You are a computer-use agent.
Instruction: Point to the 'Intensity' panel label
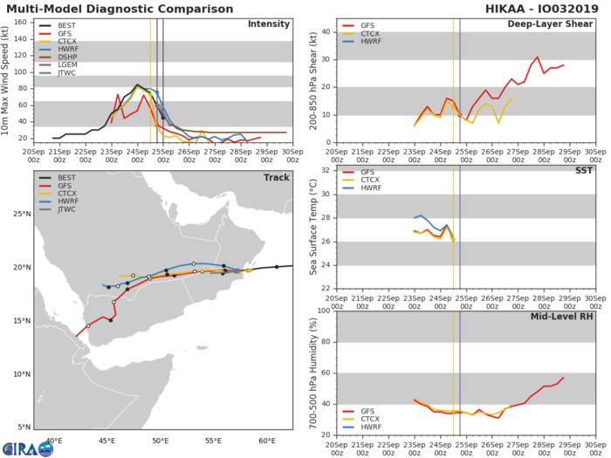click(269, 24)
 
